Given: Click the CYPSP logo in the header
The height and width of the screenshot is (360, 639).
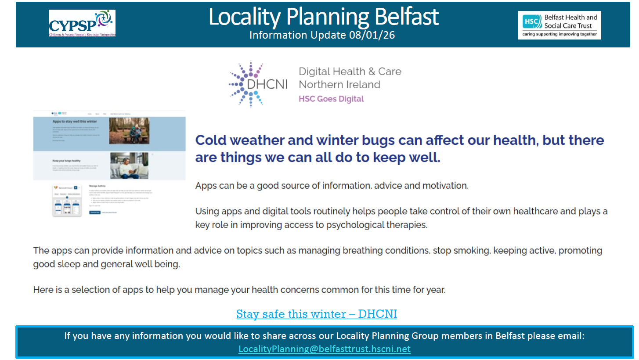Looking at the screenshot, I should tap(82, 23).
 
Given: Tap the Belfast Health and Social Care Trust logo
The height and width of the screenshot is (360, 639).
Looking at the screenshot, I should tap(560, 25).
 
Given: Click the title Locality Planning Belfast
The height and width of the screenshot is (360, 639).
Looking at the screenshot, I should tap(323, 17).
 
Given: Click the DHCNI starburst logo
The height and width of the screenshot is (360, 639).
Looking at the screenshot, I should tap(246, 83).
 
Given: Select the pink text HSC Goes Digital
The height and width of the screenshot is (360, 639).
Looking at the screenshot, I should tap(331, 99).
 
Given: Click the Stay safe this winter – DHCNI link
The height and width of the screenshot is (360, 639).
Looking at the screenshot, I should tap(316, 314).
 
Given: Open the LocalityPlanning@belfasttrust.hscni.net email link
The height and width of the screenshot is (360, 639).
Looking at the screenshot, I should tap(324, 349).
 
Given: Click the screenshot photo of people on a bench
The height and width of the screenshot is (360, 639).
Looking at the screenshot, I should tap(129, 130).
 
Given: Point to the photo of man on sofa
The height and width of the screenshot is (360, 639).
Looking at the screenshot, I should tap(129, 166).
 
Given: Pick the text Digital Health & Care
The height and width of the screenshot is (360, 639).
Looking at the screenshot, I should tap(350, 72).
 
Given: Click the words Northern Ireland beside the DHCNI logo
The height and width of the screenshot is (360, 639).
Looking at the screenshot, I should tap(339, 84).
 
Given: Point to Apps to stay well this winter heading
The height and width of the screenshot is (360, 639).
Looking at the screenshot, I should tap(75, 121).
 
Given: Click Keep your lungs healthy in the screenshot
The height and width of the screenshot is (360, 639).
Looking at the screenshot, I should tap(66, 161).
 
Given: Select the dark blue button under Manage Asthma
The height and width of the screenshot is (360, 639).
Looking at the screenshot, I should tap(94, 212).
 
